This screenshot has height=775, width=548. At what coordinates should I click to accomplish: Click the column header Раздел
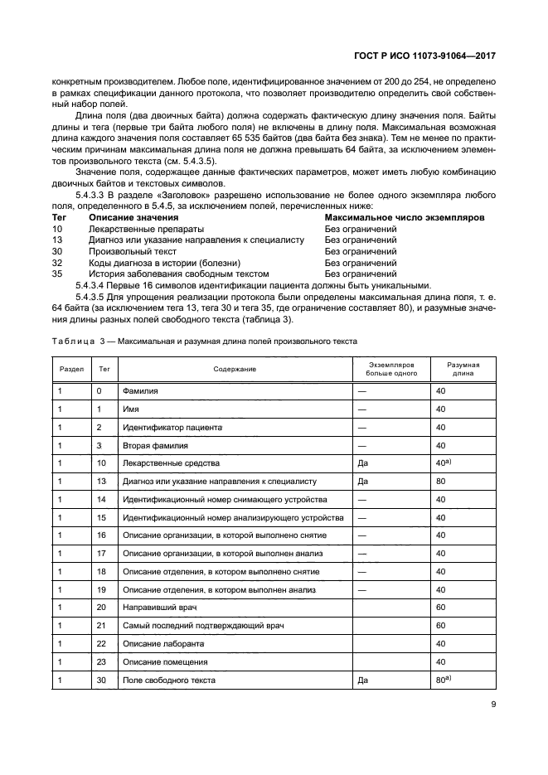click(70, 369)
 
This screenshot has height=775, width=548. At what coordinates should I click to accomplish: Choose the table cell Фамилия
click(140, 390)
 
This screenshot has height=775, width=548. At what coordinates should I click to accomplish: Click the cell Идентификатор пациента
click(172, 427)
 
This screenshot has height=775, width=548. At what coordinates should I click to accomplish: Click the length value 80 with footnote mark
click(443, 680)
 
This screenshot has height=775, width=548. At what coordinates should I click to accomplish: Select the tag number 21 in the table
click(101, 625)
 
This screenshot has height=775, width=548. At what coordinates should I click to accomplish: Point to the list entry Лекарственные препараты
click(146, 228)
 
